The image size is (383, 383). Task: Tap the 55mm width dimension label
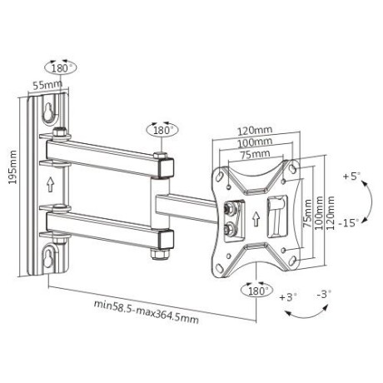[46, 84]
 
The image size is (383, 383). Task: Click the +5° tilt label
[352, 176]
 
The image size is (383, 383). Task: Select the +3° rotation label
[287, 296]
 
